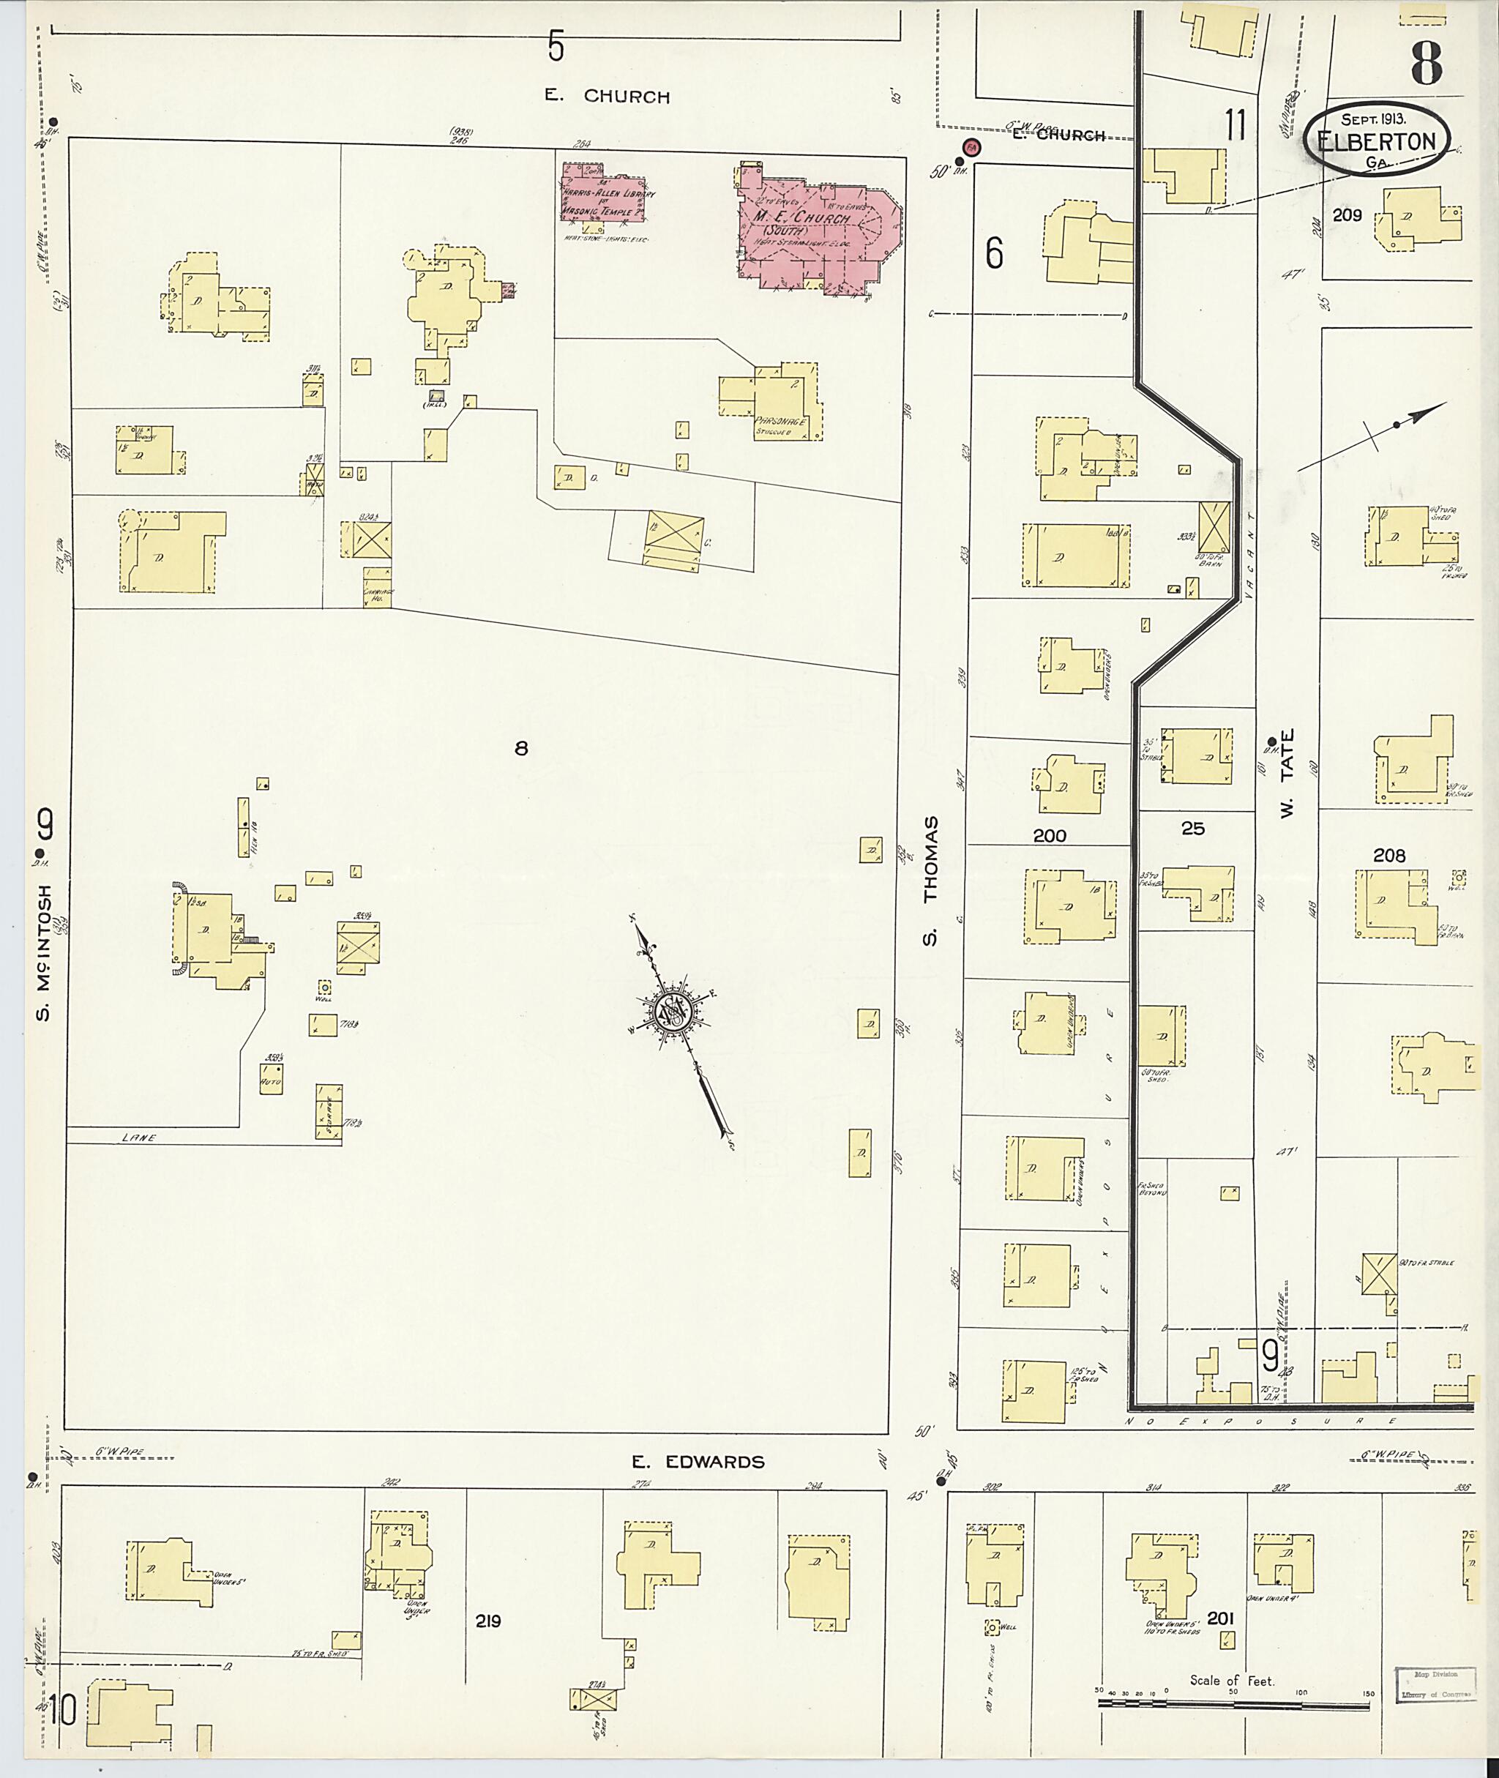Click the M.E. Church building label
point(799,218)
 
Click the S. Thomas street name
point(931,881)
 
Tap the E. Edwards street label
point(698,1462)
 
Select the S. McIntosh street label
point(44,952)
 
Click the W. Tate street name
point(1287,774)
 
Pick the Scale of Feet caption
point(1231,1680)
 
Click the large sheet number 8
point(1426,62)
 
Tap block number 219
point(487,1621)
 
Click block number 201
point(1219,1619)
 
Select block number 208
point(1389,856)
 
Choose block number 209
point(1347,215)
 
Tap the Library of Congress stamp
point(1435,1685)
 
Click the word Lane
point(138,1138)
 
